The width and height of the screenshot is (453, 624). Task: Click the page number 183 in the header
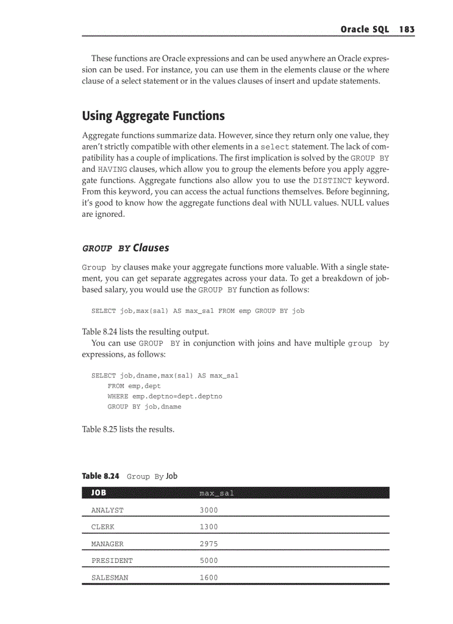406,29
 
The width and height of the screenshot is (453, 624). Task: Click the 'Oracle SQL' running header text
365,29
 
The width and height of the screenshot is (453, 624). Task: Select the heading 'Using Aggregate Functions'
153,116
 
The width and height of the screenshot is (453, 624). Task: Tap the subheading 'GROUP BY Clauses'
125,248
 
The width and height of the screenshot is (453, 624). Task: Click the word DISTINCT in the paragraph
333,181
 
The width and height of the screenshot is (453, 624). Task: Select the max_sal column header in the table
217,493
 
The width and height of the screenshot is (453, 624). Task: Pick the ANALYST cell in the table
108,510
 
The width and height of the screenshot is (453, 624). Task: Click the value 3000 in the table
209,510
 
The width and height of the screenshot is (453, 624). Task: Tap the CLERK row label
103,527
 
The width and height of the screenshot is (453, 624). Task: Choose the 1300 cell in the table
209,527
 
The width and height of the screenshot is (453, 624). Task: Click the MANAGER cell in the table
108,544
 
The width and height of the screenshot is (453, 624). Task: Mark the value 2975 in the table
209,544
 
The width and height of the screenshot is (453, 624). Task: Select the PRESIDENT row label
112,561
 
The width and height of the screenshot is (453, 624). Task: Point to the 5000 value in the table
209,561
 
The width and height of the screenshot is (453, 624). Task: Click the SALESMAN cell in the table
110,578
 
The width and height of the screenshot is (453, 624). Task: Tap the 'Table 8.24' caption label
100,476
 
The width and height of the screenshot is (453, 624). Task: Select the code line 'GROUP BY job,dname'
144,407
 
